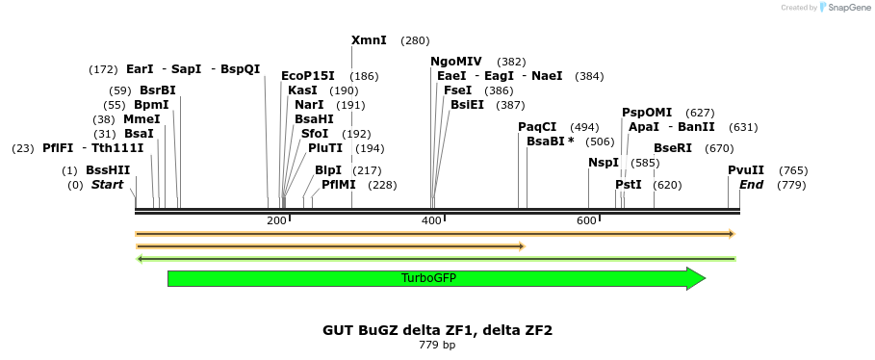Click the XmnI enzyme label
369,40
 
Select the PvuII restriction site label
746,170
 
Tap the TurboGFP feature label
428,278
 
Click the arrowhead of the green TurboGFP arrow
696,278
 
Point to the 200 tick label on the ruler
276,221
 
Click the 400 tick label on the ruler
431,221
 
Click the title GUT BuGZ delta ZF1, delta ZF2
437,330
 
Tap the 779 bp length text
437,345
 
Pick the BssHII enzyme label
108,170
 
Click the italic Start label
107,185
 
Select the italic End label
752,185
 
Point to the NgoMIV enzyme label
456,62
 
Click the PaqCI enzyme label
537,127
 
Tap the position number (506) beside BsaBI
600,141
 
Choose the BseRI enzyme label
673,148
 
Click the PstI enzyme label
629,185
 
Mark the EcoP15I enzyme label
308,76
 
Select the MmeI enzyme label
142,119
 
